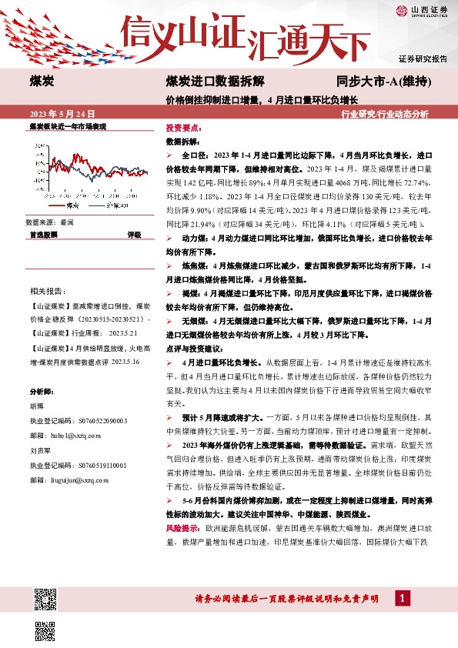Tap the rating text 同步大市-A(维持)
point(383,81)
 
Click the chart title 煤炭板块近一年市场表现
point(67,125)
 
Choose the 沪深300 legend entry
point(119,206)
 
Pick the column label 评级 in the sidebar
point(134,235)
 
